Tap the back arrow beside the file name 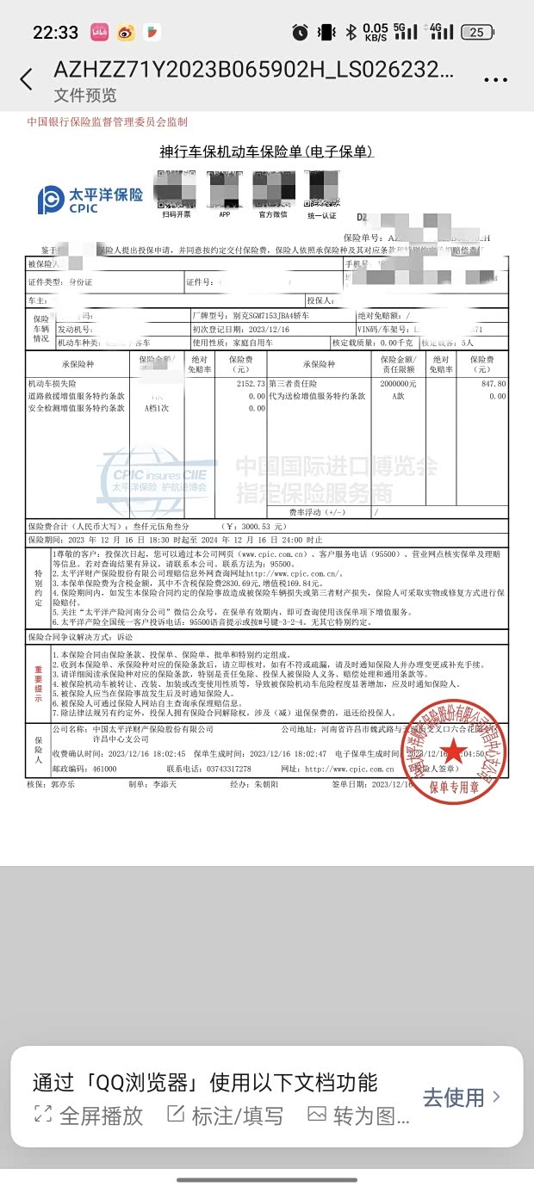tap(26, 80)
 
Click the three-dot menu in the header tap(496, 80)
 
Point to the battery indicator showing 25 tap(475, 33)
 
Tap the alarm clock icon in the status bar tap(300, 33)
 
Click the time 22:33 tap(55, 33)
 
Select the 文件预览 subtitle tap(84, 96)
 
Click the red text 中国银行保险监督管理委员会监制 tap(107, 122)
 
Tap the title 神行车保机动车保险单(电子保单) tap(266, 151)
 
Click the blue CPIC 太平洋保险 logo tap(90, 199)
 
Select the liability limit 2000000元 tap(398, 383)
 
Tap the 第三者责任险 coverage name tap(293, 383)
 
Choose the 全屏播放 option tap(89, 1116)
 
